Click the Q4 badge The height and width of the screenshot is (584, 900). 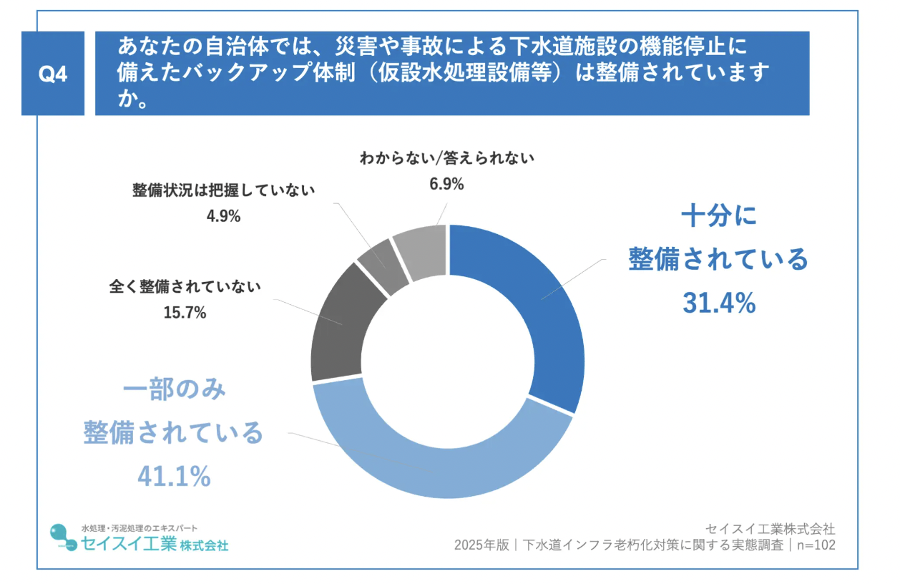(x=52, y=74)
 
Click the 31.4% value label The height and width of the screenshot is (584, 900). (x=718, y=304)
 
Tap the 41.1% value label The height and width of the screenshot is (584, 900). (x=175, y=476)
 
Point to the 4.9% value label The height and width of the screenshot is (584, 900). (x=223, y=215)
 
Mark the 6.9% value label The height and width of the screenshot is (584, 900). (x=446, y=184)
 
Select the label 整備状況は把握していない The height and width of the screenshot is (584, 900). (x=223, y=190)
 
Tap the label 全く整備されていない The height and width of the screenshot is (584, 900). (x=185, y=287)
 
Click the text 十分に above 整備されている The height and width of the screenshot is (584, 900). (x=718, y=215)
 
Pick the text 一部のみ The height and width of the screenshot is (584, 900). (x=175, y=390)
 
